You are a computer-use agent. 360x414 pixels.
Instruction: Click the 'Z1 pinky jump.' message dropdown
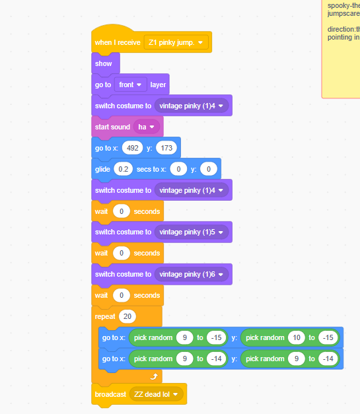pyautogui.click(x=176, y=42)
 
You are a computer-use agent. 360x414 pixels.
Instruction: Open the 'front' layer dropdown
pyautogui.click(x=131, y=85)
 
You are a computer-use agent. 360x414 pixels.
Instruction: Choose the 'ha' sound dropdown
pyautogui.click(x=147, y=127)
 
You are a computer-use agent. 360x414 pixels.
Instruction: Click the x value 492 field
pyautogui.click(x=132, y=148)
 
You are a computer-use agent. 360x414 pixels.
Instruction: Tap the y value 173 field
pyautogui.click(x=166, y=148)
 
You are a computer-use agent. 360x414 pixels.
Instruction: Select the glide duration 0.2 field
pyautogui.click(x=123, y=169)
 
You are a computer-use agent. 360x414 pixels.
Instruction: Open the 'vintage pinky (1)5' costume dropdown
pyautogui.click(x=192, y=232)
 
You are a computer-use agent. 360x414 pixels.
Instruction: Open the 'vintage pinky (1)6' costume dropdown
pyautogui.click(x=192, y=274)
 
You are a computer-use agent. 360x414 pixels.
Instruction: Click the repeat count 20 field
pyautogui.click(x=127, y=316)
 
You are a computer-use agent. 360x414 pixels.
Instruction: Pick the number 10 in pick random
pyautogui.click(x=297, y=337)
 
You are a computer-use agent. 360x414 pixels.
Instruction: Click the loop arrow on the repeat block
pyautogui.click(x=154, y=376)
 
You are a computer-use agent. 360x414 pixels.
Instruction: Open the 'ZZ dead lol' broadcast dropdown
pyautogui.click(x=157, y=394)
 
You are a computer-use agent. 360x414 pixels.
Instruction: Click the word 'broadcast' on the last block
pyautogui.click(x=110, y=394)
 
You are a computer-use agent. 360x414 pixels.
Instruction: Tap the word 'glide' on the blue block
pyautogui.click(x=102, y=169)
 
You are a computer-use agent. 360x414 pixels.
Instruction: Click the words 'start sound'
pyautogui.click(x=112, y=127)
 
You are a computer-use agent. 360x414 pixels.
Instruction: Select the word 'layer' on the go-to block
pyautogui.click(x=158, y=85)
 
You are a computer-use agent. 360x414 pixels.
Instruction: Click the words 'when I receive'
pyautogui.click(x=118, y=42)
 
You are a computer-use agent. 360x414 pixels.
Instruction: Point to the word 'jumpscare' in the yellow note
pyautogui.click(x=343, y=13)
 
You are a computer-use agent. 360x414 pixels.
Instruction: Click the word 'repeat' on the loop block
pyautogui.click(x=105, y=316)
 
